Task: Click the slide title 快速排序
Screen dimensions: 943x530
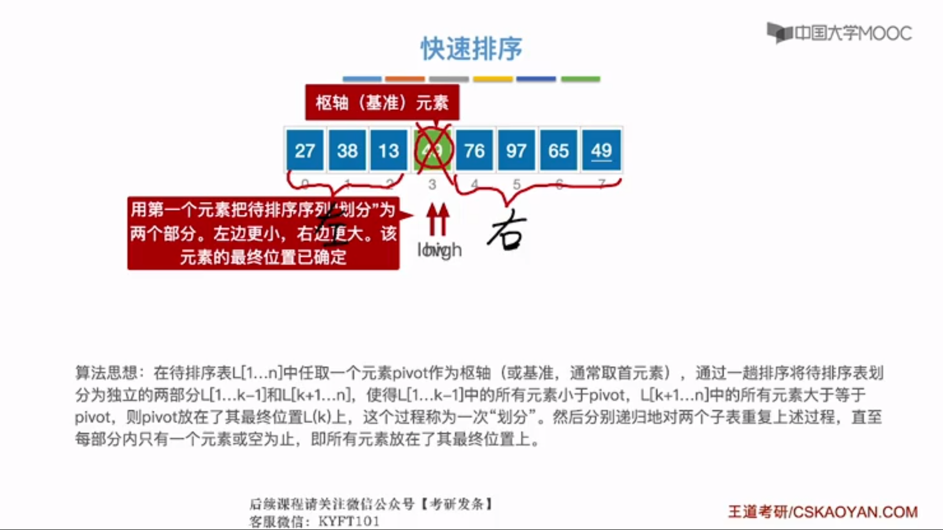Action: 471,49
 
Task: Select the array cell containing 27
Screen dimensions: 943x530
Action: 305,150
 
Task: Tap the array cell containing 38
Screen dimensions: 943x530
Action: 347,150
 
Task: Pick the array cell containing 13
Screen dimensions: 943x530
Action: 389,150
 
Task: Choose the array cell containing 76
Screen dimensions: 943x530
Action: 474,150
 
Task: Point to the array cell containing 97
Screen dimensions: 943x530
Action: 516,150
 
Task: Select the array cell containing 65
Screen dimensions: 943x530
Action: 558,150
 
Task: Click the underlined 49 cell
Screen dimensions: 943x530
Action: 601,150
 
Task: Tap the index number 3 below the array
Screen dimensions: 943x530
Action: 432,185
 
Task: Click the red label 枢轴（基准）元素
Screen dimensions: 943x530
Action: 382,103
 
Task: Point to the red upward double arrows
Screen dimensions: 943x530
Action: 437,219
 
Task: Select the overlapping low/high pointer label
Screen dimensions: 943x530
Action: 439,250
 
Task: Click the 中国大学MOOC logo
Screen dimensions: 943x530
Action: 840,33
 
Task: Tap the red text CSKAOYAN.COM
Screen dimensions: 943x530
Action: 855,512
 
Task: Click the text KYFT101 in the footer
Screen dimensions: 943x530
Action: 349,521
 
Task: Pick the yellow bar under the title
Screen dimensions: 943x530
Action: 493,79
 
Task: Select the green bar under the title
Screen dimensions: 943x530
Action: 581,79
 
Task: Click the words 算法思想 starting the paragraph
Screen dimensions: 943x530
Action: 106,373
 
